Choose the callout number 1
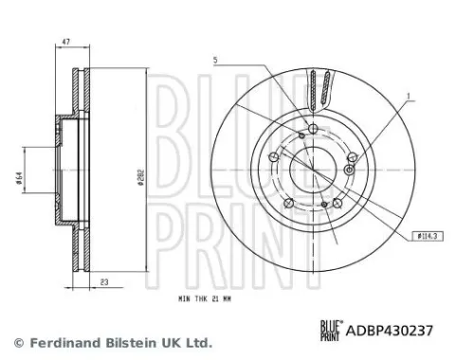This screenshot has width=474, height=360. (x=409, y=96)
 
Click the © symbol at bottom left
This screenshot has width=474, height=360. (x=17, y=342)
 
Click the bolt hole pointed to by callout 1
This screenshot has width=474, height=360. (x=351, y=169)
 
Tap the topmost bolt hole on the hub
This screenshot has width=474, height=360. (x=313, y=130)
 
